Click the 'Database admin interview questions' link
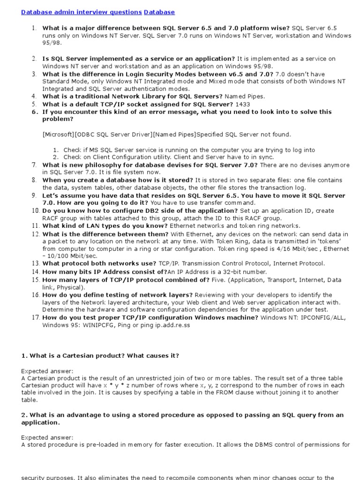click(x=82, y=12)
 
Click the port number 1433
click(x=243, y=104)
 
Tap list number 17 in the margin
click(x=35, y=317)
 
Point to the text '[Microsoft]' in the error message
click(x=58, y=135)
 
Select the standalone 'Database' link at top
click(x=159, y=12)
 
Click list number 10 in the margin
click(x=35, y=210)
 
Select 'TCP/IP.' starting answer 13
click(x=168, y=264)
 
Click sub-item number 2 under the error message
click(x=55, y=157)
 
